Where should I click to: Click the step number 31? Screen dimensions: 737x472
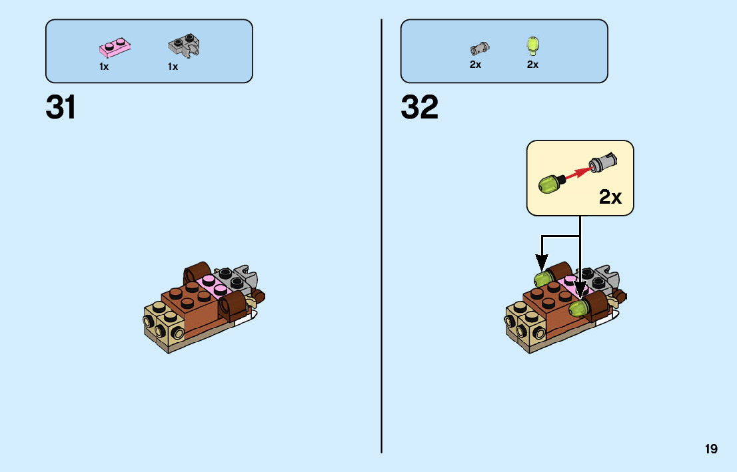pos(61,107)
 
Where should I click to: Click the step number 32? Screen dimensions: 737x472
pos(420,107)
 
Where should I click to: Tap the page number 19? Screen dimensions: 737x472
pos(711,449)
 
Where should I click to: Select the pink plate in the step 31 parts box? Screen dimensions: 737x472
pos(114,47)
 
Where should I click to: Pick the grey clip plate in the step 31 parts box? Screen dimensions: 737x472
pos(185,45)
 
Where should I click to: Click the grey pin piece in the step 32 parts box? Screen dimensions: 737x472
pos(478,47)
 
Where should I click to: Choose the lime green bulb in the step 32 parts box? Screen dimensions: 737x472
pos(532,45)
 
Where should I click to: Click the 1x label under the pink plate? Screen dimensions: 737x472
pos(104,67)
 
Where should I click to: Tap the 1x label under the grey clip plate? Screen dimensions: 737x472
pos(173,67)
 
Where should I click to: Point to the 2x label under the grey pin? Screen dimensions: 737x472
pos(475,65)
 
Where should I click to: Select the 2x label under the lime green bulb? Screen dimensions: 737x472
pos(532,65)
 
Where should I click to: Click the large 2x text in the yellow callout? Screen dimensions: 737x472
pos(610,196)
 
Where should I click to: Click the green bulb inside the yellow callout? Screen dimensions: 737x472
pos(550,182)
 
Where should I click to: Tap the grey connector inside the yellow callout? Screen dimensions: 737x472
pos(603,162)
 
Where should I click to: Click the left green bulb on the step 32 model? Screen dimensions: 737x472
pos(543,279)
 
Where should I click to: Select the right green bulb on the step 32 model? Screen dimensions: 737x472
pos(578,307)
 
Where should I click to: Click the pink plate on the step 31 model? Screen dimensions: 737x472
pos(212,284)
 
